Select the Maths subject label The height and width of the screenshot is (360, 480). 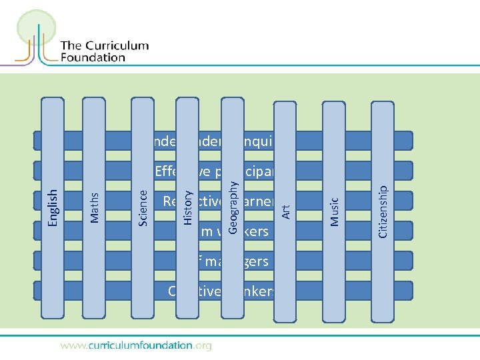tap(95, 207)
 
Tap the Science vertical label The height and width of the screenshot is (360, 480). tap(143, 207)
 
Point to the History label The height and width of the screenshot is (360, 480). tap(189, 207)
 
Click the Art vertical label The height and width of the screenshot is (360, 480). tap(285, 211)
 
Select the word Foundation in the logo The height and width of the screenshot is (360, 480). tap(93, 57)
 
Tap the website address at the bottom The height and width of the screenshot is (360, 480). tap(136, 345)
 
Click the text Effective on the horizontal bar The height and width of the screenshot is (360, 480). tap(175, 171)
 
